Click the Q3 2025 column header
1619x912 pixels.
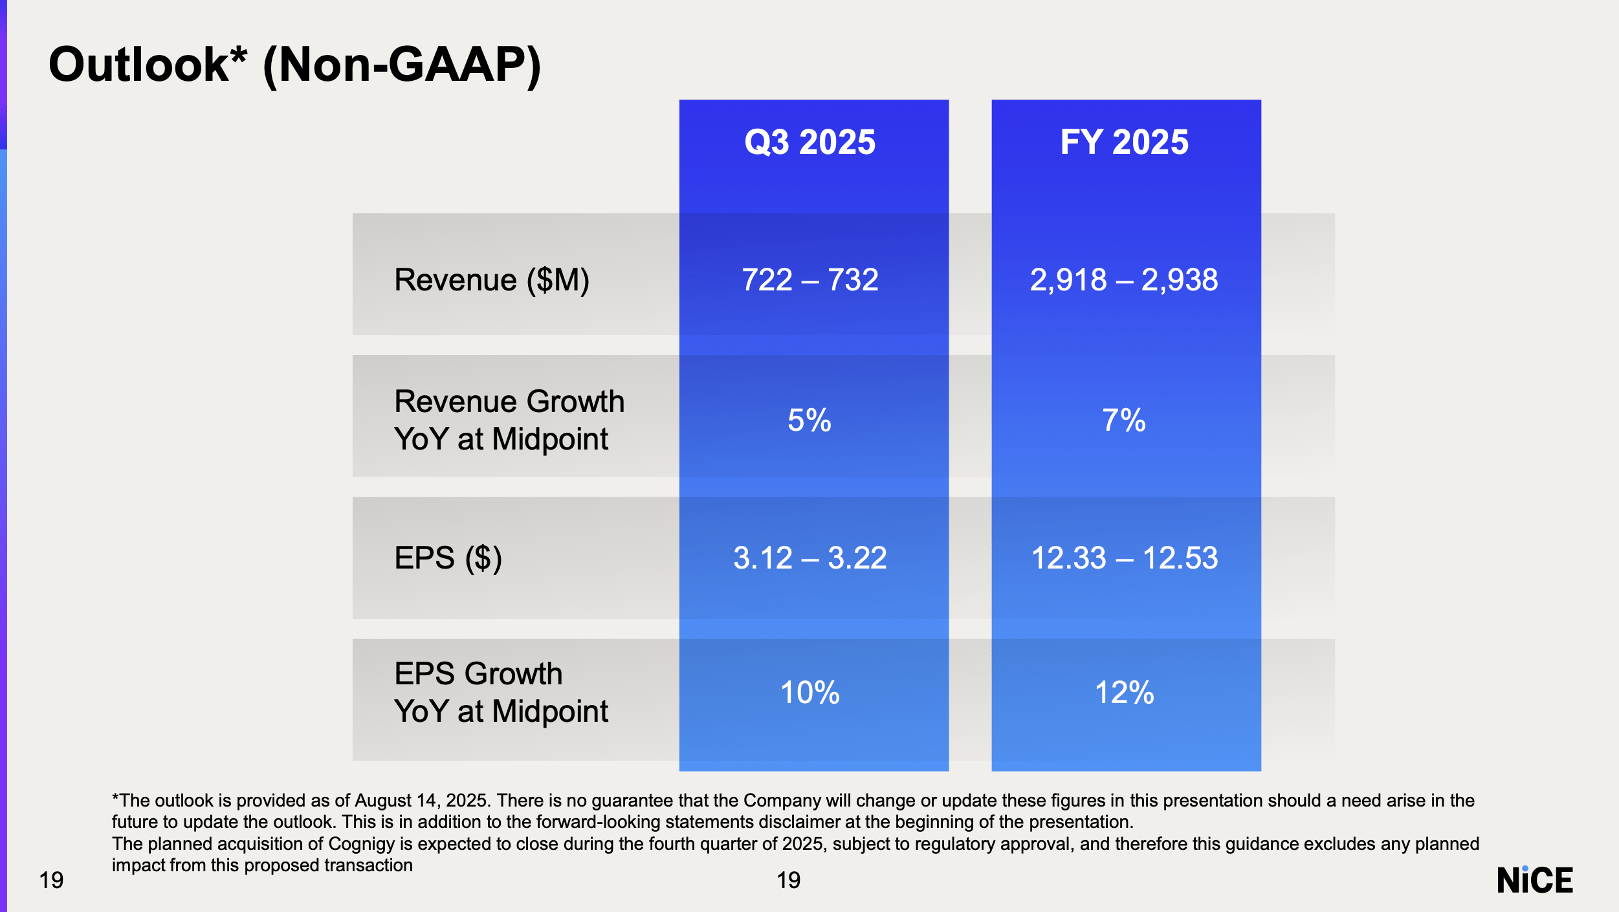click(x=810, y=142)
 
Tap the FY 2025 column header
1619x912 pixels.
click(x=1124, y=142)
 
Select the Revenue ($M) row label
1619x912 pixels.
click(x=492, y=280)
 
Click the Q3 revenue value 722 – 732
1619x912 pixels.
click(x=810, y=280)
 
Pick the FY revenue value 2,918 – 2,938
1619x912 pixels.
click(x=1124, y=280)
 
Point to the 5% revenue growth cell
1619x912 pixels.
click(x=810, y=420)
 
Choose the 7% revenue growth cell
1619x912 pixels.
click(x=1124, y=420)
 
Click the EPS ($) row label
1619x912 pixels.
click(x=448, y=558)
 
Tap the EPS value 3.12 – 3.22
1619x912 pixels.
click(x=810, y=558)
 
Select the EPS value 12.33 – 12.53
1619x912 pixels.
click(x=1124, y=558)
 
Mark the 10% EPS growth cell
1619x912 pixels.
click(x=810, y=693)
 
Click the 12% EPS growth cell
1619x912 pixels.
click(x=1124, y=693)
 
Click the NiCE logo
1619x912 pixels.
click(x=1534, y=880)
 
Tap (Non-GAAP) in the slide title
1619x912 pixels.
click(x=402, y=65)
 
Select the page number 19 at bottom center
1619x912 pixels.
click(x=788, y=880)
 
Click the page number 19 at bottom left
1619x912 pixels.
click(x=51, y=880)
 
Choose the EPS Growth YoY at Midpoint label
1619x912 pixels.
click(x=501, y=693)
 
